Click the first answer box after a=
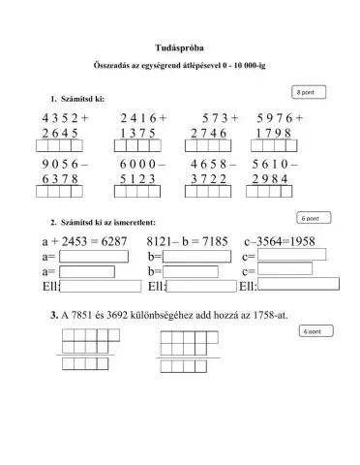point(93,257)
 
